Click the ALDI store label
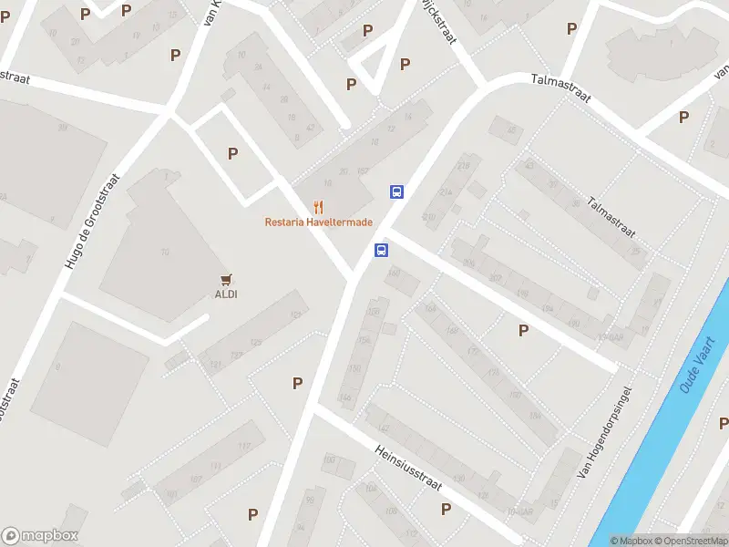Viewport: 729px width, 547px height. pos(226,294)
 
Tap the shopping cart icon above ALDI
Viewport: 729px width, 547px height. pos(226,279)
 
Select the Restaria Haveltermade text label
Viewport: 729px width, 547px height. pos(318,222)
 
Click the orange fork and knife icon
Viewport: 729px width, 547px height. pos(318,207)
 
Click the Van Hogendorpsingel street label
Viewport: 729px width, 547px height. pos(605,433)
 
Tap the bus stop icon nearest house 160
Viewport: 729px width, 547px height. pos(381,250)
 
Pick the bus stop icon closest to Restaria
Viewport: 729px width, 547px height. pos(396,191)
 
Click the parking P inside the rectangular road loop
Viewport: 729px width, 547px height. pos(232,154)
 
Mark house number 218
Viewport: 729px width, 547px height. pos(463,165)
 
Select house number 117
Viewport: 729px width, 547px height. pos(243,446)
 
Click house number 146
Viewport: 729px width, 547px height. pos(344,397)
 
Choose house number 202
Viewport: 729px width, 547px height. pos(495,278)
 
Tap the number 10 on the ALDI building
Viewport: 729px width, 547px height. pos(165,253)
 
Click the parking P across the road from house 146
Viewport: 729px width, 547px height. pos(297,384)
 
